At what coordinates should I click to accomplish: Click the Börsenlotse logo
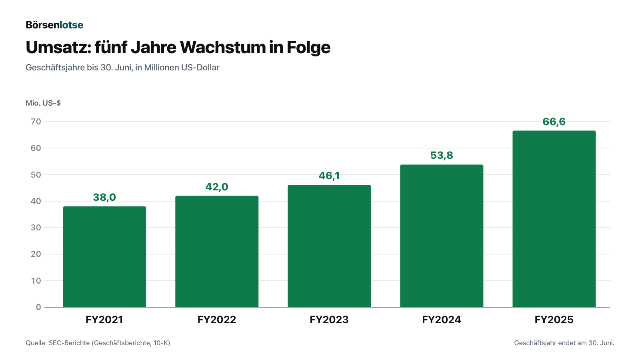(x=54, y=25)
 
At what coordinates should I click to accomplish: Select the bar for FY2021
(x=104, y=257)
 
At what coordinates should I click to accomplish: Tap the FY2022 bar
(x=217, y=252)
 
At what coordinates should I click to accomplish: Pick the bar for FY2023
(x=329, y=246)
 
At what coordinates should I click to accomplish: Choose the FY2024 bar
(x=442, y=236)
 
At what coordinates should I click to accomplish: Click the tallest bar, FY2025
(x=554, y=219)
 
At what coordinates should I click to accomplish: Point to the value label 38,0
(x=104, y=197)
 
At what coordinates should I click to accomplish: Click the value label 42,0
(x=217, y=187)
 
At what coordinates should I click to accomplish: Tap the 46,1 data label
(x=329, y=176)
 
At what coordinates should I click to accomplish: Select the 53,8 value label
(x=442, y=155)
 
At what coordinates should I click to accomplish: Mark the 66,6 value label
(x=554, y=122)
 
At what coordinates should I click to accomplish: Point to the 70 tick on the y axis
(x=36, y=122)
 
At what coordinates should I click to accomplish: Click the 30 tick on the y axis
(x=36, y=228)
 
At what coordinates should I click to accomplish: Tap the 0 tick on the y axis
(x=38, y=307)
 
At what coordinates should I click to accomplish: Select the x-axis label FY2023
(x=329, y=320)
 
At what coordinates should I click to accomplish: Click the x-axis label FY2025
(x=554, y=320)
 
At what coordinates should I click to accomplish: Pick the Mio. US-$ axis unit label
(x=43, y=103)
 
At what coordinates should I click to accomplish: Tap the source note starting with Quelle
(x=98, y=343)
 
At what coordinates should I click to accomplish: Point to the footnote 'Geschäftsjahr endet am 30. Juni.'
(x=564, y=343)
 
